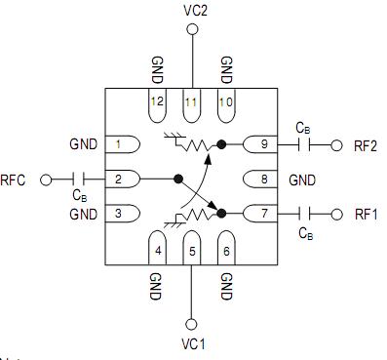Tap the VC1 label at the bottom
pos(192,344)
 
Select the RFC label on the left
pos(14,180)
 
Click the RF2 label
pos(366,145)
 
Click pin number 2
pos(118,180)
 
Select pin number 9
pos(262,145)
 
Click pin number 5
pos(192,250)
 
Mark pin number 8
pos(262,180)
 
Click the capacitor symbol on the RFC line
pos(79,180)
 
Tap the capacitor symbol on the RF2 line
pos(305,145)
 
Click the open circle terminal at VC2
pos(192,30)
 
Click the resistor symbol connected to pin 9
pos(200,145)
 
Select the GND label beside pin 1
pos(84,145)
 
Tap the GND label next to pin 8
pos(302,180)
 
